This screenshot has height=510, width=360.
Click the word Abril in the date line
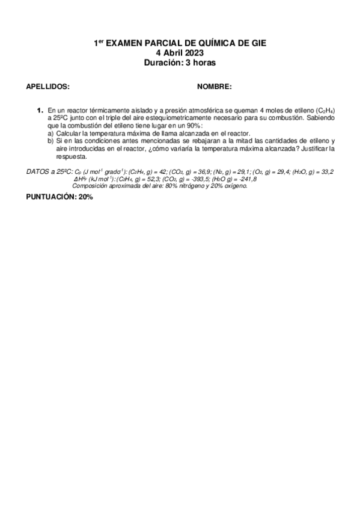(172, 53)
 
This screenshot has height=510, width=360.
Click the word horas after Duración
(204, 62)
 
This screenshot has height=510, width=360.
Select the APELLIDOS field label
(48, 87)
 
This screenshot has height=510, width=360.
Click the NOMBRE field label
(214, 87)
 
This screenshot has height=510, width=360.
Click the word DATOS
(38, 172)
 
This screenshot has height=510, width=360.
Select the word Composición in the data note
(91, 186)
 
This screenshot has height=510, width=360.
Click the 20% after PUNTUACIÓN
(85, 197)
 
